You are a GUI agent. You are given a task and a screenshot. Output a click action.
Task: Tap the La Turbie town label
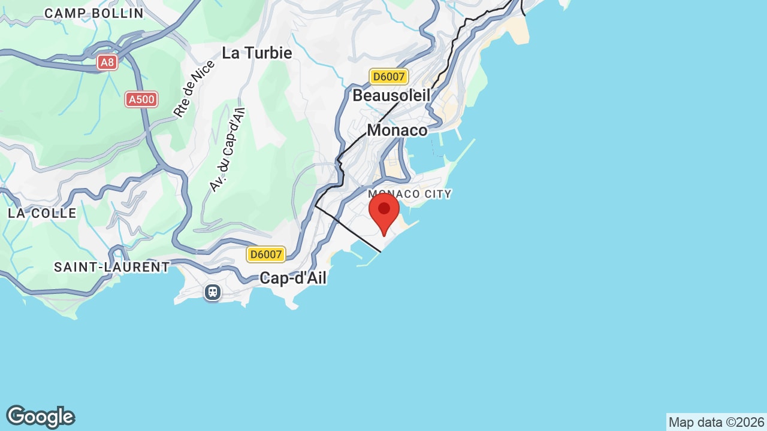[256, 53]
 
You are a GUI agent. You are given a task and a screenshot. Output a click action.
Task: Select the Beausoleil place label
[391, 95]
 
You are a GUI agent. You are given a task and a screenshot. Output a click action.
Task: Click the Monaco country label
[397, 130]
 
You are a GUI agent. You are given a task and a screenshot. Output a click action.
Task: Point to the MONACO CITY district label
[410, 194]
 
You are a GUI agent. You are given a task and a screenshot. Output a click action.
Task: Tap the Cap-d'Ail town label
[293, 278]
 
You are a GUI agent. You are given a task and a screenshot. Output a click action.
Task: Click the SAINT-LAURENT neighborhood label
[112, 267]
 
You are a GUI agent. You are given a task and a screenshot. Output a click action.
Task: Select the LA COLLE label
[42, 213]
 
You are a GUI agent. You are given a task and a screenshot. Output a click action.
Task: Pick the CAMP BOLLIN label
[94, 13]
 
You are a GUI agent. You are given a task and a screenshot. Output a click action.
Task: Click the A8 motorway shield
[107, 62]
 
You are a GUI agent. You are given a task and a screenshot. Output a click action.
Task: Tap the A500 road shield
[141, 99]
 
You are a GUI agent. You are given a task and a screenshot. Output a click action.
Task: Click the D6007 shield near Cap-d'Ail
[266, 254]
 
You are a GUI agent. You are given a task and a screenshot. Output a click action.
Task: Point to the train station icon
[213, 292]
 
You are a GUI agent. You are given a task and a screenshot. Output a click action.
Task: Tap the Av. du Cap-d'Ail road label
[227, 150]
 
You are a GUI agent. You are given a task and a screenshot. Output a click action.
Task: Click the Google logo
[40, 417]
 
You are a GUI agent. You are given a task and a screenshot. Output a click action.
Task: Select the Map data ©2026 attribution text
[716, 422]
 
